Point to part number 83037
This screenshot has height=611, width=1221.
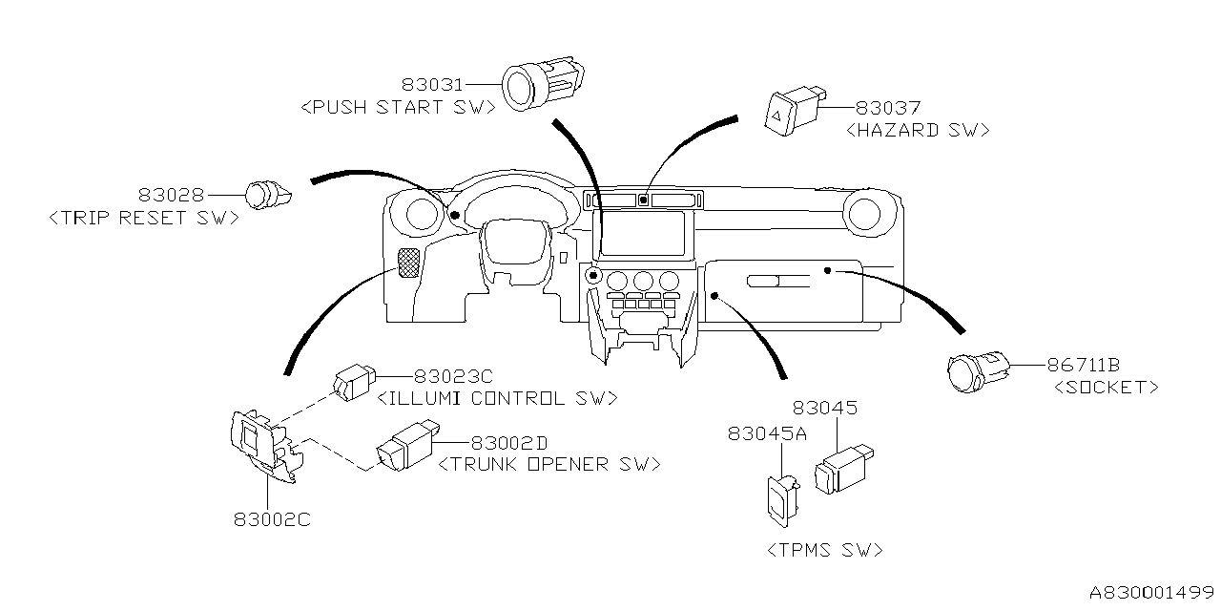pos(887,109)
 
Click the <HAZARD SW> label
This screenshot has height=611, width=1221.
pos(917,130)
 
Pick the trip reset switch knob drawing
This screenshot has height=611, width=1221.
pos(266,196)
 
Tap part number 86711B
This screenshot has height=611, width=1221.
pos(1084,366)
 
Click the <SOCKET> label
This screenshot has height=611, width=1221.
pos(1107,387)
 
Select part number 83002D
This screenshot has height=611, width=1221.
pos(509,444)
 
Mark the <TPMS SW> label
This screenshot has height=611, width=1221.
pos(824,550)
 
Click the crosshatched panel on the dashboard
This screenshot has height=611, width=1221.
pos(408,263)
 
